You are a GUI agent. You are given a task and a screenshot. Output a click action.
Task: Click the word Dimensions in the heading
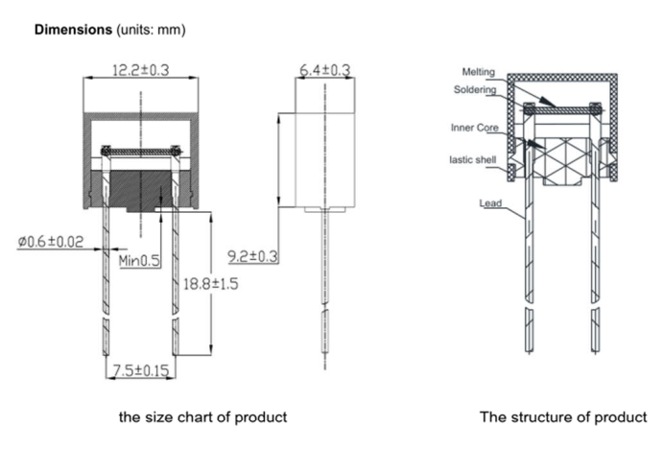(x=73, y=30)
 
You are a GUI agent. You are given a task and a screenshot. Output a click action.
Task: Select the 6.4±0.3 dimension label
(x=324, y=70)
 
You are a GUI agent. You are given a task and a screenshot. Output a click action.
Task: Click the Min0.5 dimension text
(x=139, y=260)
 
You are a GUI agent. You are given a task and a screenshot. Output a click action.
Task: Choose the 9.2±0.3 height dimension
(x=252, y=256)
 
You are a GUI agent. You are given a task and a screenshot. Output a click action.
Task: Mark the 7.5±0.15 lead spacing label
(x=140, y=370)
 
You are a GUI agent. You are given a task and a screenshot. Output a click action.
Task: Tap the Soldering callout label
(x=475, y=90)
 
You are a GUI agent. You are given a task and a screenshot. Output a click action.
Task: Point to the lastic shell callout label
(x=473, y=159)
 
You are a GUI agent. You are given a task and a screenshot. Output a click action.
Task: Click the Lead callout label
(x=490, y=203)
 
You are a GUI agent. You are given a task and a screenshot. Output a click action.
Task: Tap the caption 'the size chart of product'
(x=202, y=417)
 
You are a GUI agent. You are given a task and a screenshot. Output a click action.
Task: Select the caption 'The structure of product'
(x=562, y=417)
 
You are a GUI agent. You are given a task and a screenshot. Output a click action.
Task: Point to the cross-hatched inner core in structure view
(x=562, y=158)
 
